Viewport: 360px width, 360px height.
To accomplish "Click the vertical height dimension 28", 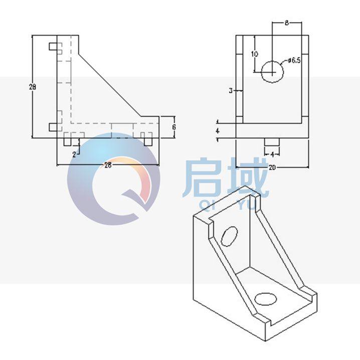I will point(33,87).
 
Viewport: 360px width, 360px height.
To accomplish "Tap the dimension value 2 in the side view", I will point(74,154).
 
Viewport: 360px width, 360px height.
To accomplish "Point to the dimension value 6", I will point(173,127).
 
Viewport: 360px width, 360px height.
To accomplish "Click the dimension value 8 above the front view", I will point(286,23).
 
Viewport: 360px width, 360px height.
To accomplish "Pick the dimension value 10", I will point(255,54).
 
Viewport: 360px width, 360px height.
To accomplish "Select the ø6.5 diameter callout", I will point(294,61).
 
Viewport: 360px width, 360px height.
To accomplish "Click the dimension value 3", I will point(230,91).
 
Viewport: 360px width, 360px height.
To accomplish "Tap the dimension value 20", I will point(272,168).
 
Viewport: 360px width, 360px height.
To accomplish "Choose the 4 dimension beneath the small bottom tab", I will point(272,154).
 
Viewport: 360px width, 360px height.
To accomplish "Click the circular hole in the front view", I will point(272,71).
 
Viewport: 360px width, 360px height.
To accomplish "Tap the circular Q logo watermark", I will point(113,179).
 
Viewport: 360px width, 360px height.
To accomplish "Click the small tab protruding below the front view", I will point(272,142).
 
